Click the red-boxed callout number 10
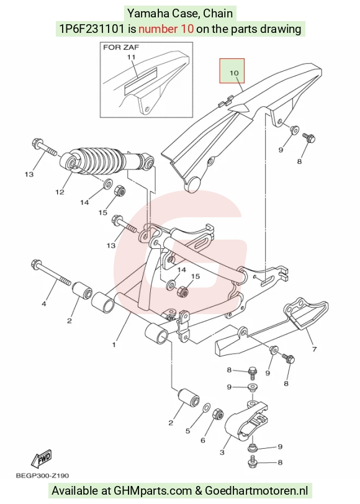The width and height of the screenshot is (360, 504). tap(234, 73)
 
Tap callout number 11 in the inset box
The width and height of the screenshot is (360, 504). tap(131, 57)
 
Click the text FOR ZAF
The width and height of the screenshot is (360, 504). tap(121, 47)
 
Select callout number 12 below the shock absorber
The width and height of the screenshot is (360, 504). tap(60, 192)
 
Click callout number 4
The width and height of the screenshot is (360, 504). tap(43, 304)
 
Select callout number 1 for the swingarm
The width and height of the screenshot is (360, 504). tap(114, 345)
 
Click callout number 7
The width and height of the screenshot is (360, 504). tap(314, 349)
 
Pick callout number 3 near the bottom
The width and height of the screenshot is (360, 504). tap(222, 452)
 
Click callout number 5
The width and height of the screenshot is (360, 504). tap(187, 431)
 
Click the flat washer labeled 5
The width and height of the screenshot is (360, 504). tap(207, 408)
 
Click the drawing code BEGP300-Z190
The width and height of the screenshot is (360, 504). tap(42, 475)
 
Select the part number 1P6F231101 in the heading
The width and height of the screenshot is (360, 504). tap(92, 29)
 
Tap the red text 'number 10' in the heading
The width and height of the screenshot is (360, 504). tap(166, 29)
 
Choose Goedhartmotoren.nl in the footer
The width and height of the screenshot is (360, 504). tap(256, 491)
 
